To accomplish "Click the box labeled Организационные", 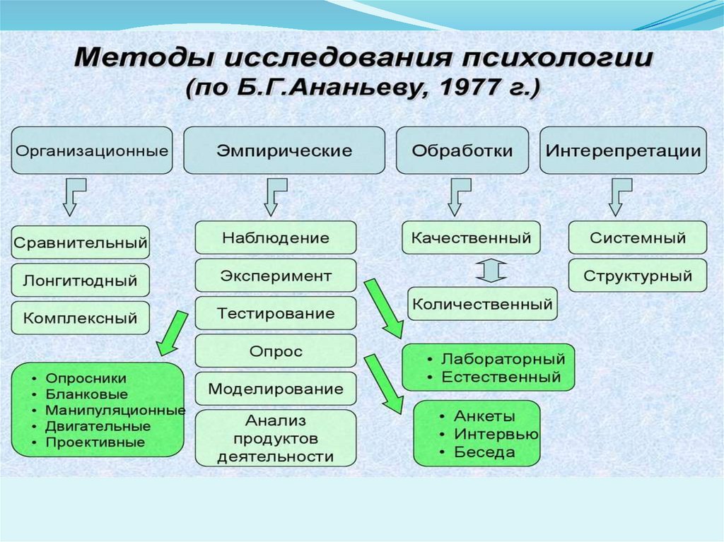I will (92, 151).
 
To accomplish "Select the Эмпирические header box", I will (284, 151).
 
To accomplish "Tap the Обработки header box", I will (462, 151).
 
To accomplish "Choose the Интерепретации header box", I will (623, 151).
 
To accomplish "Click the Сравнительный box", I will (80, 242).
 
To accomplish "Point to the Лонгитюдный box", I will (80, 280).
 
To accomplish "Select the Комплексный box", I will (80, 318).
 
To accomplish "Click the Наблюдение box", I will (275, 237).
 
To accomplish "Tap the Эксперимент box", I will (275, 275).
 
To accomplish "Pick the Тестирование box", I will (275, 312).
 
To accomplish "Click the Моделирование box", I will (275, 389).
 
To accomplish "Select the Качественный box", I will (471, 237).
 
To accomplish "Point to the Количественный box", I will (482, 305).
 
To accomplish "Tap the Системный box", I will (637, 237).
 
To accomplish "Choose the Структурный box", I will (637, 276).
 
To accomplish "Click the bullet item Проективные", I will (95, 442).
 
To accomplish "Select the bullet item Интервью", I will (496, 434).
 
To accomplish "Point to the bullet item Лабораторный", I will (503, 359).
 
